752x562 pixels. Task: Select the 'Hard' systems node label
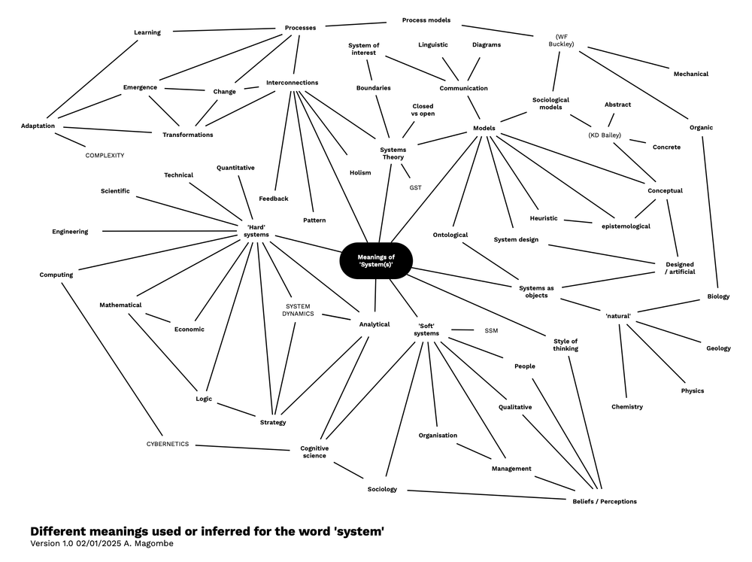[x=256, y=229]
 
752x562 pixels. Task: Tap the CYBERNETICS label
[x=168, y=444]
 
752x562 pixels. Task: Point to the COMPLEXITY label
[x=105, y=155]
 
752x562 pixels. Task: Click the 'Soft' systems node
[x=427, y=330]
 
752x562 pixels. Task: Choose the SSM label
[x=491, y=330]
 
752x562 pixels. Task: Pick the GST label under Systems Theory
[x=415, y=187]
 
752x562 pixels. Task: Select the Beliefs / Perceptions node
[x=599, y=501]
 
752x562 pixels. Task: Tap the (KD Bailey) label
[x=605, y=135]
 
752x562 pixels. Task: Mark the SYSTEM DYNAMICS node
[x=298, y=309]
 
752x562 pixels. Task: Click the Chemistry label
[x=627, y=407]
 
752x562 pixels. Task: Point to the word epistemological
[x=626, y=226]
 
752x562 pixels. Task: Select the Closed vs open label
[x=423, y=110]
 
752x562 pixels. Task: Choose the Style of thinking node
[x=566, y=344]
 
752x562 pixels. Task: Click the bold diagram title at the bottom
[x=207, y=531]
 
